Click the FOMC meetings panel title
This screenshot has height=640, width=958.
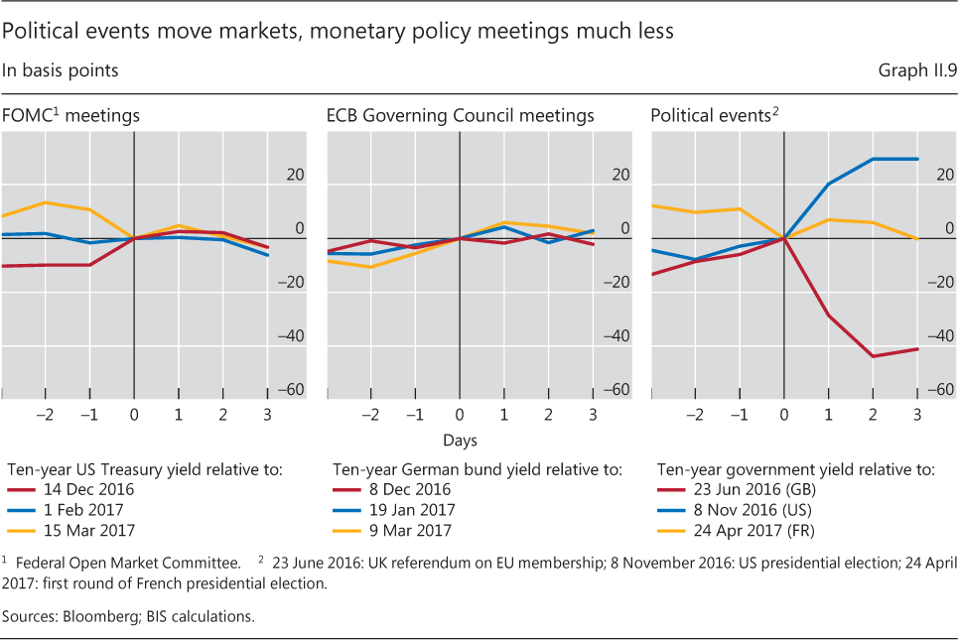(x=70, y=116)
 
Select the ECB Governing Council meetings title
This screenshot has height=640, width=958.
(x=461, y=116)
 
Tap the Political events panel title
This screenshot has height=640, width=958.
(x=714, y=116)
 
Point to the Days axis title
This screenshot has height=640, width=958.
(x=460, y=440)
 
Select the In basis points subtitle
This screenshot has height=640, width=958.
(x=61, y=70)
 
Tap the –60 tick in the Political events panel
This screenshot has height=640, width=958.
(x=942, y=390)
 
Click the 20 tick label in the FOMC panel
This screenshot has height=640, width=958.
(x=295, y=176)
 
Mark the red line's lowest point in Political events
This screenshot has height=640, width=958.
(x=873, y=356)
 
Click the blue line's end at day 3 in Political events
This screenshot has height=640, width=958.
(x=917, y=159)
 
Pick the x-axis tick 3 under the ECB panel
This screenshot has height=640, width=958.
(x=593, y=415)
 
